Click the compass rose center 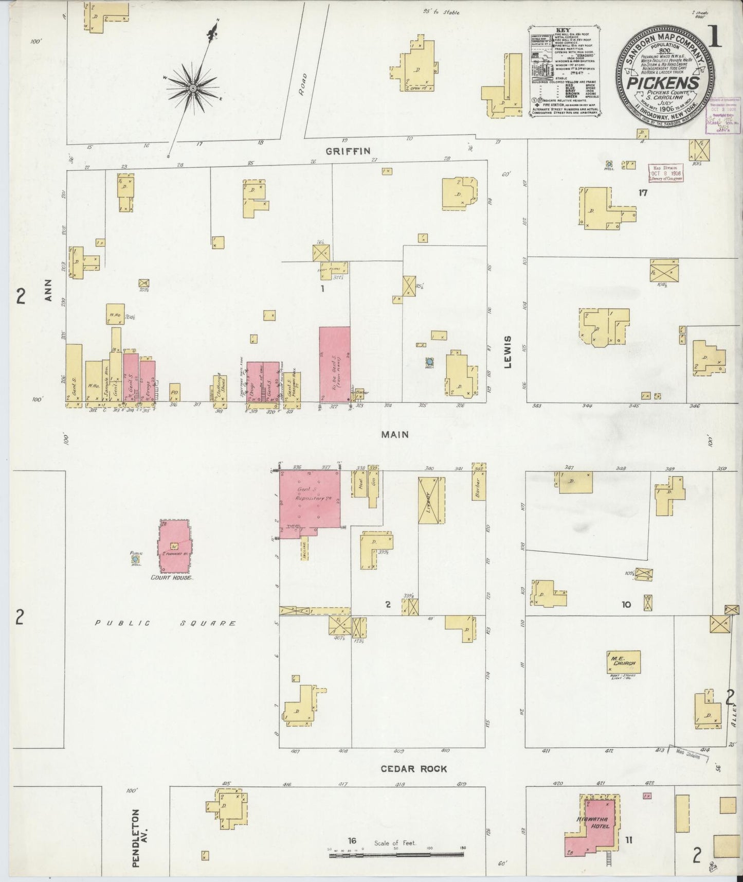pos(193,89)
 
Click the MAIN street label pos(395,434)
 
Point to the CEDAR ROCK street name pos(413,769)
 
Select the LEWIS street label pos(509,352)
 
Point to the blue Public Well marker pos(135,559)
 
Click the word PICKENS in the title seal pos(665,83)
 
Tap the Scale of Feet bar pos(396,855)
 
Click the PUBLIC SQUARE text pos(165,623)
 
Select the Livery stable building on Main pos(431,500)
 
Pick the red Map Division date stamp pos(665,173)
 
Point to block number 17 pos(642,193)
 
